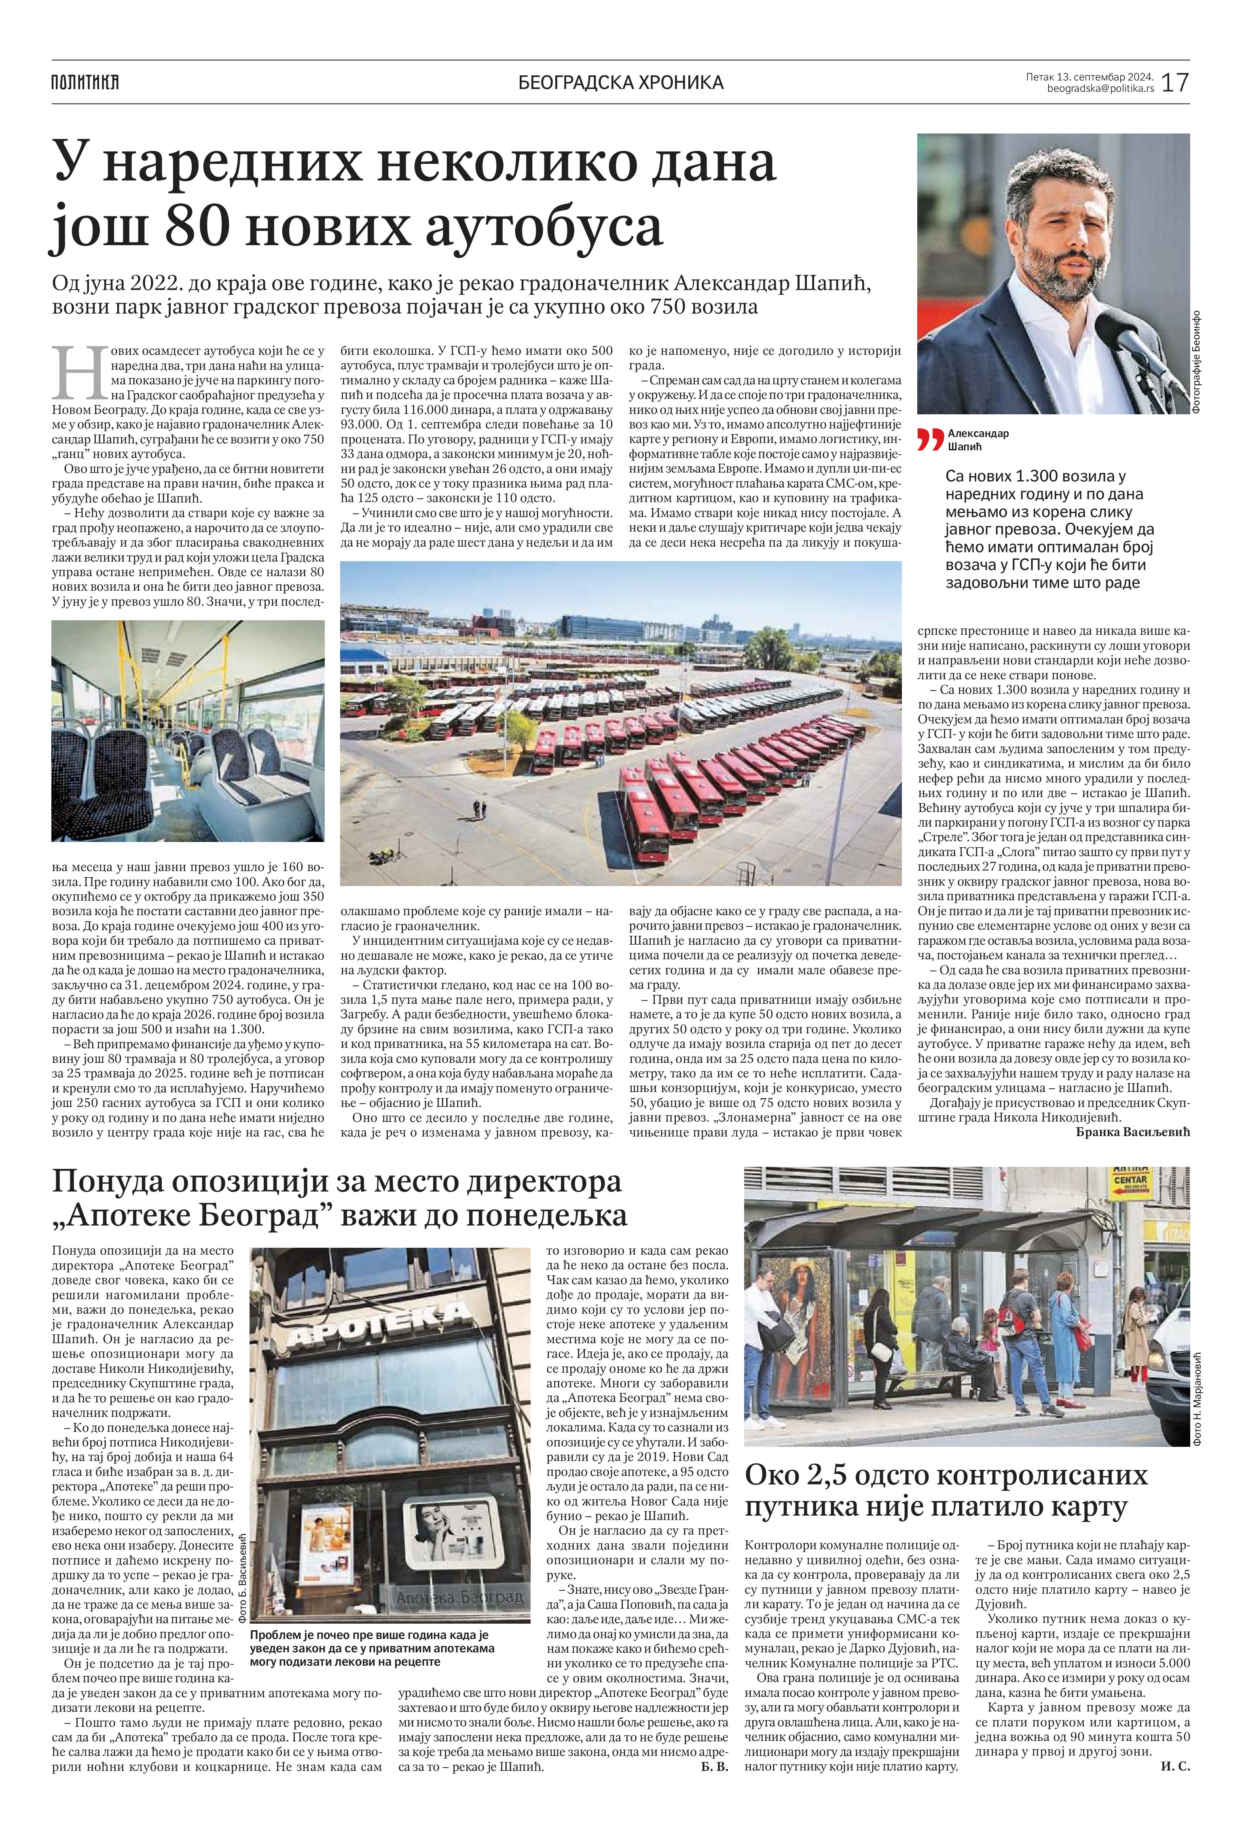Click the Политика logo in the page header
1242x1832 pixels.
coord(85,81)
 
